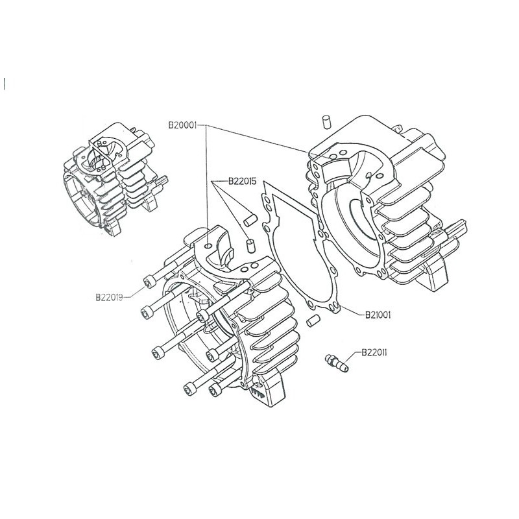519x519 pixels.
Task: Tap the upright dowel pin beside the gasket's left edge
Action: (x=250, y=245)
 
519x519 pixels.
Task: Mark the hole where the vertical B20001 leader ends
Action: (x=206, y=248)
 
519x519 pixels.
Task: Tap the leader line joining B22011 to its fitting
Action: (x=350, y=356)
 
